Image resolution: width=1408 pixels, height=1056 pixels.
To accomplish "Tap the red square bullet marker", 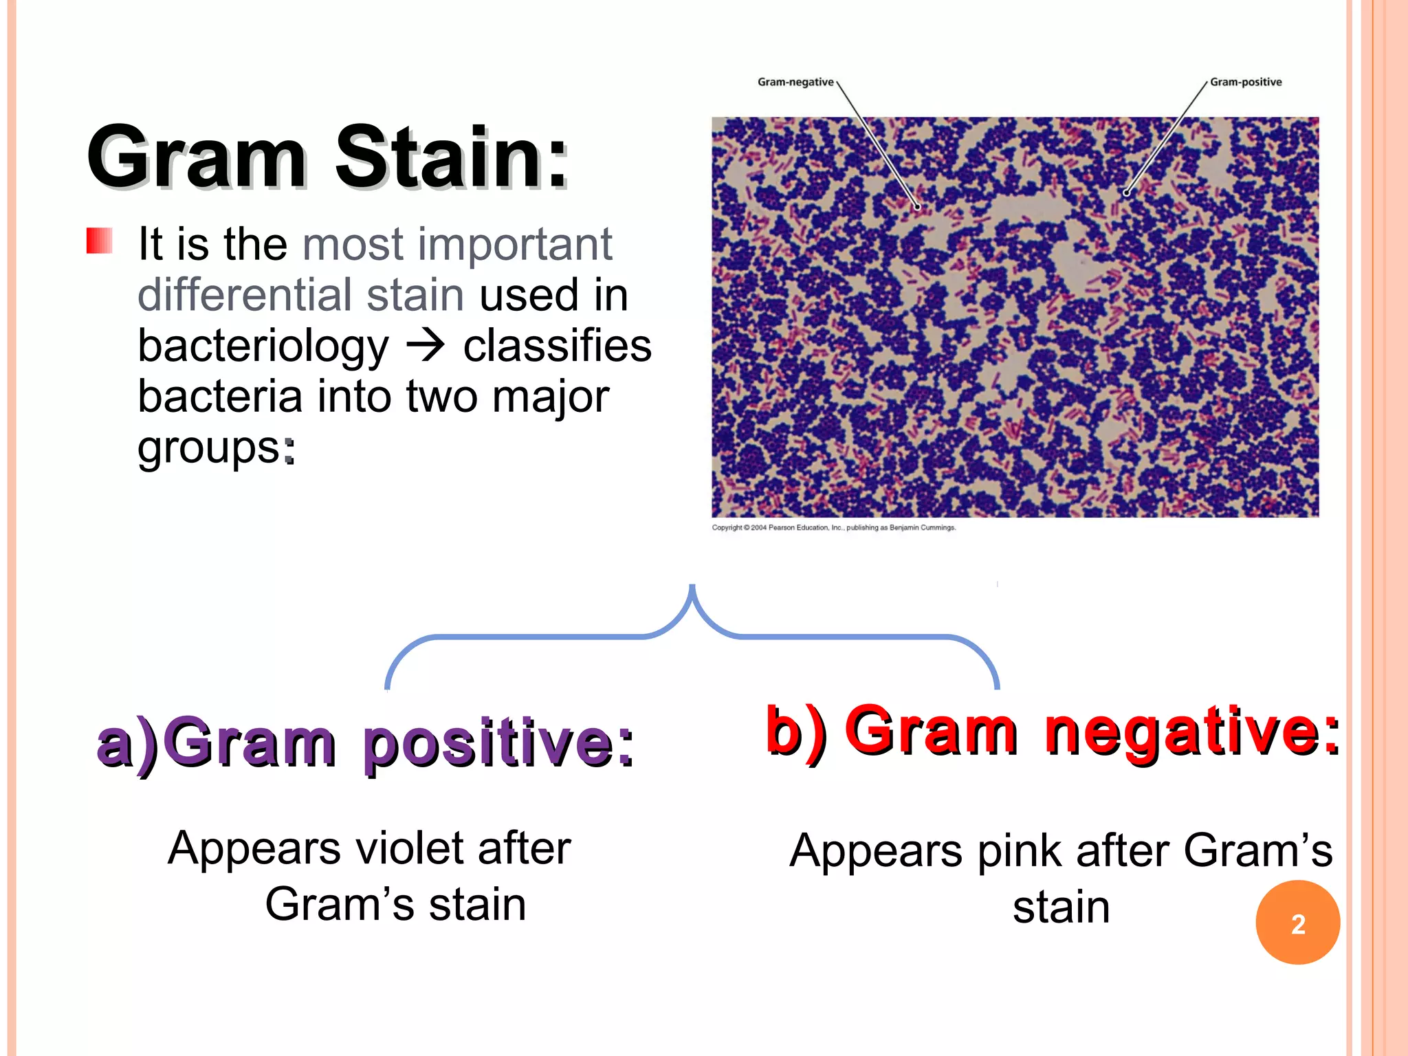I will pos(100,241).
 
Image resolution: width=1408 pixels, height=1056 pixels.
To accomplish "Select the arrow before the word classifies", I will pos(426,345).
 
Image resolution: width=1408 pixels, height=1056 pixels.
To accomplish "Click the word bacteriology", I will pos(263,346).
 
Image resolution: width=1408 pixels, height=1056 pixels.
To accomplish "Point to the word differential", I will pos(244,295).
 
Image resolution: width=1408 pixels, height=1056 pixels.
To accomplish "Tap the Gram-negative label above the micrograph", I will pos(795,82).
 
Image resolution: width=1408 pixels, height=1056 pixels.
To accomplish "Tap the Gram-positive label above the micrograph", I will pos(1246,82).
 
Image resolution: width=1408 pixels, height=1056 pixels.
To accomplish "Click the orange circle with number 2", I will pos(1297,923).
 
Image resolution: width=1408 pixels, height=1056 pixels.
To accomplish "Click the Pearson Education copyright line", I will pos(833,527).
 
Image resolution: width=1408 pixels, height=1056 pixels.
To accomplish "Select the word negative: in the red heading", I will pos(1192,731).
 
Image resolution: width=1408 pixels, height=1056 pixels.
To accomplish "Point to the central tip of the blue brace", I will pos(692,587).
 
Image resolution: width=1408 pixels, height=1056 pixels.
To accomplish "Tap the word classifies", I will pos(557,345).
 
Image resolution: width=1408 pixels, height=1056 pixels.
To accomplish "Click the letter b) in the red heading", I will pos(797,731).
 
